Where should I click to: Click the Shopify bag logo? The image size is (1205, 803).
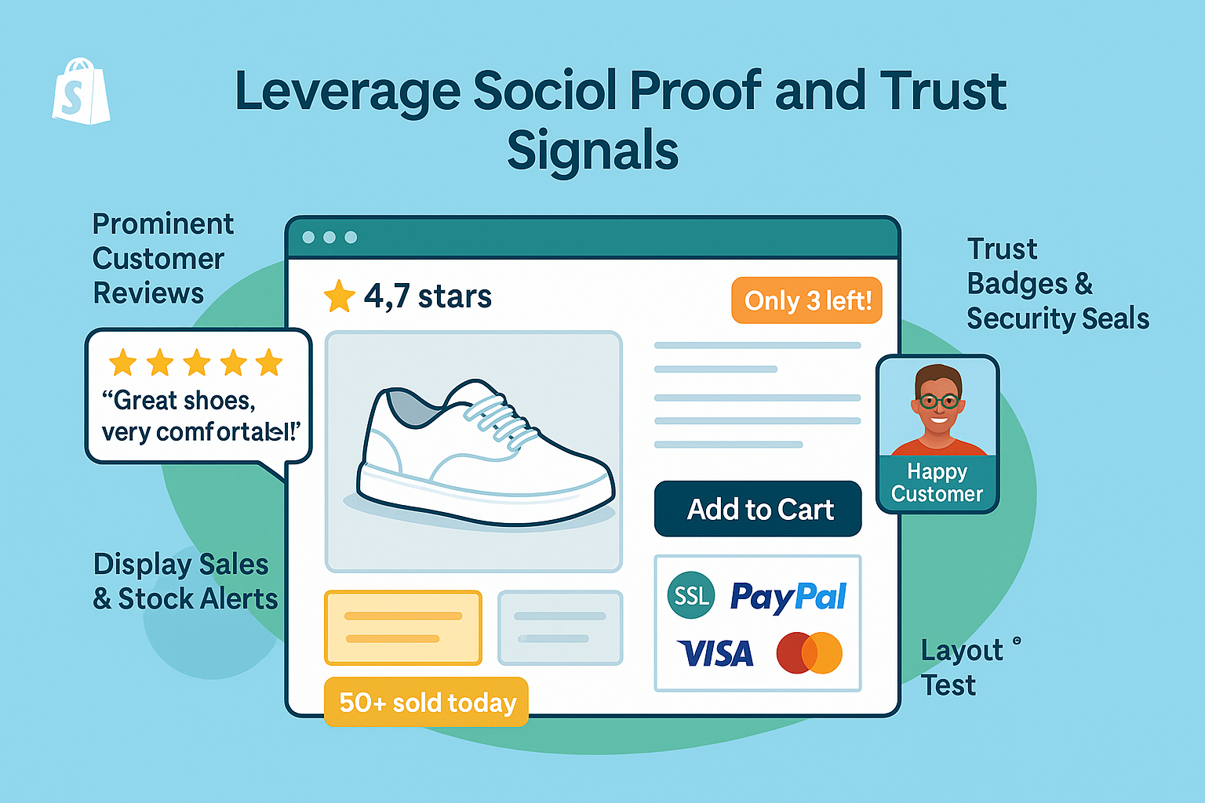(x=81, y=92)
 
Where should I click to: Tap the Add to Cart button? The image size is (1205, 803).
(x=758, y=509)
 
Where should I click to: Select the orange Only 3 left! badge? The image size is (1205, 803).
(x=807, y=300)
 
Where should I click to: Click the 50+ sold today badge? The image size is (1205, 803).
(x=426, y=702)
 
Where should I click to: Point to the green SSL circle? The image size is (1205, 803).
(x=691, y=595)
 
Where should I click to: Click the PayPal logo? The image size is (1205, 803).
(x=788, y=597)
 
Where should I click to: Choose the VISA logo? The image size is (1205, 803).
(x=715, y=653)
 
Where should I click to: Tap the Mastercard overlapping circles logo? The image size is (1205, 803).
(x=809, y=653)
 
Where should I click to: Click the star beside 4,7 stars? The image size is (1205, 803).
(x=339, y=296)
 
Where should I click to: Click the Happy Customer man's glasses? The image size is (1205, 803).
(x=938, y=401)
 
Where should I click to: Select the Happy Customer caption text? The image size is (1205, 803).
(x=937, y=482)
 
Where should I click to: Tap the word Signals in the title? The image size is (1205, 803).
(x=592, y=151)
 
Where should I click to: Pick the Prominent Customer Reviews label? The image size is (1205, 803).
(x=162, y=258)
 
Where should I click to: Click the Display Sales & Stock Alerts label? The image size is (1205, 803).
(x=185, y=581)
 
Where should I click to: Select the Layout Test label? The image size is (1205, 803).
(x=961, y=667)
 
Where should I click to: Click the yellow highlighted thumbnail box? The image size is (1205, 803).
(x=403, y=627)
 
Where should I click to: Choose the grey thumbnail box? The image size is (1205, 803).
(x=560, y=627)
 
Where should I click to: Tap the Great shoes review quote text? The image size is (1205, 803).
(x=199, y=416)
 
